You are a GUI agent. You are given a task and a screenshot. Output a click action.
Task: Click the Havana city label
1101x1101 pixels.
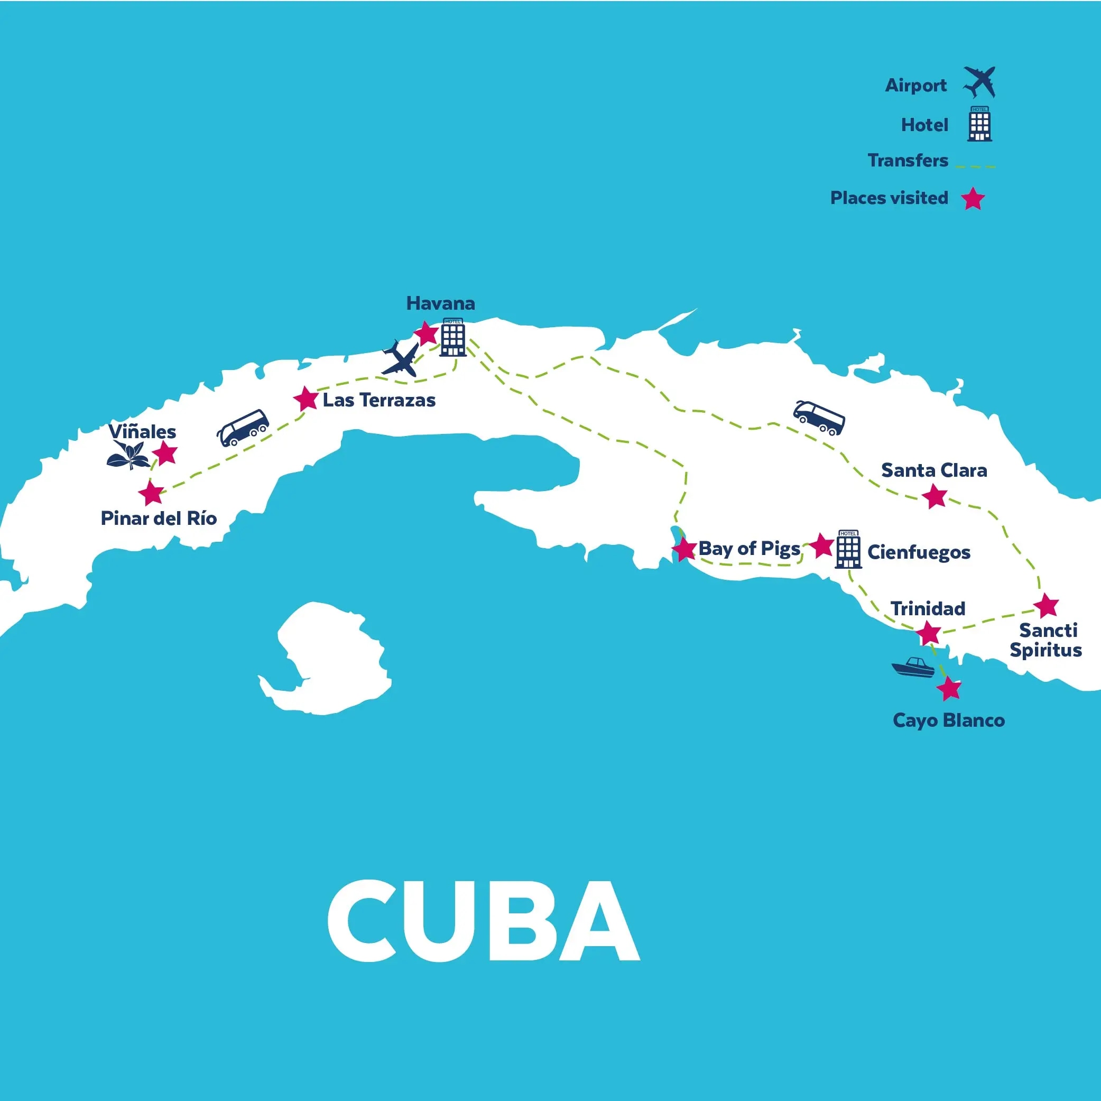point(440,303)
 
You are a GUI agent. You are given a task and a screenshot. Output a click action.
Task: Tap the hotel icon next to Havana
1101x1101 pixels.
point(453,337)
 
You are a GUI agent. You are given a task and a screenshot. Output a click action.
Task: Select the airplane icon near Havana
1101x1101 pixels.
point(401,359)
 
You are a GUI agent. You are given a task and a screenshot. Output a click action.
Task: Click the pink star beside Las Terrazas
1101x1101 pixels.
point(306,399)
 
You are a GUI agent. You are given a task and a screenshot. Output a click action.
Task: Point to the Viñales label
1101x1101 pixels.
point(143,431)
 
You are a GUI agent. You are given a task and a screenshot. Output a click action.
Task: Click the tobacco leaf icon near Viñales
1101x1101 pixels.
point(128,455)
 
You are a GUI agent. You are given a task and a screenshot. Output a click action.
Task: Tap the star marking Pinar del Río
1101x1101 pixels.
point(152,494)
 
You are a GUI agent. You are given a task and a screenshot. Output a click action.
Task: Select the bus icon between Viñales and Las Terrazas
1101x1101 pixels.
point(243,428)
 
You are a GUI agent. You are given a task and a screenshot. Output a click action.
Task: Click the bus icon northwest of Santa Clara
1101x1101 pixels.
point(819,418)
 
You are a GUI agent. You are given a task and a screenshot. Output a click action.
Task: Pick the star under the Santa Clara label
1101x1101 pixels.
point(935,496)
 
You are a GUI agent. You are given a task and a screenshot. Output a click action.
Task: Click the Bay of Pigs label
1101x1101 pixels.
point(749,548)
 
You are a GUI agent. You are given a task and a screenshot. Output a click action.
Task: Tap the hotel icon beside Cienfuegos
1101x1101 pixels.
point(848,549)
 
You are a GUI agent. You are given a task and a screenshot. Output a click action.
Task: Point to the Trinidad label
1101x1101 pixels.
point(928,608)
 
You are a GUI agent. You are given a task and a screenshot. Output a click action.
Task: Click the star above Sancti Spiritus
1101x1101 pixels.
point(1046,606)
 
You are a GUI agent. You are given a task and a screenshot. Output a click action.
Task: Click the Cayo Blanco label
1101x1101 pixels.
point(948,720)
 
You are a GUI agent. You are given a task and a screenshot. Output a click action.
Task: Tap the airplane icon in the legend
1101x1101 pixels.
point(979,82)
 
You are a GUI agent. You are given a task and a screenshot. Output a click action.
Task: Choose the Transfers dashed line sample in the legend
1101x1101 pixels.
point(975,166)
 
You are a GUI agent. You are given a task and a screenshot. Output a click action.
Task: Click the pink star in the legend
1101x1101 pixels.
point(973,199)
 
